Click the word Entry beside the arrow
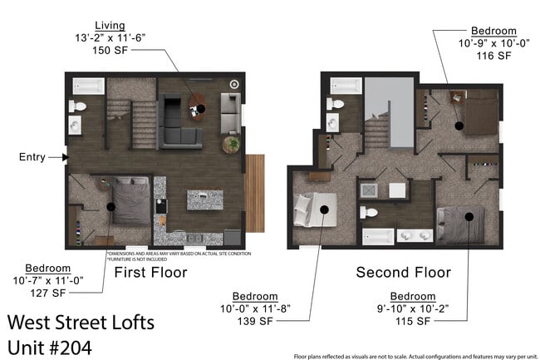[34, 156]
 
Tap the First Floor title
[150, 272]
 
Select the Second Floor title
[403, 272]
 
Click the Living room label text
[110, 25]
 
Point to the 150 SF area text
[110, 50]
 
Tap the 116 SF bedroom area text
[493, 56]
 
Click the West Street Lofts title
[81, 322]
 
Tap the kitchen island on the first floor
[204, 200]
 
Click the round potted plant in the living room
[232, 145]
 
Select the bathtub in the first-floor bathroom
[87, 86]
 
